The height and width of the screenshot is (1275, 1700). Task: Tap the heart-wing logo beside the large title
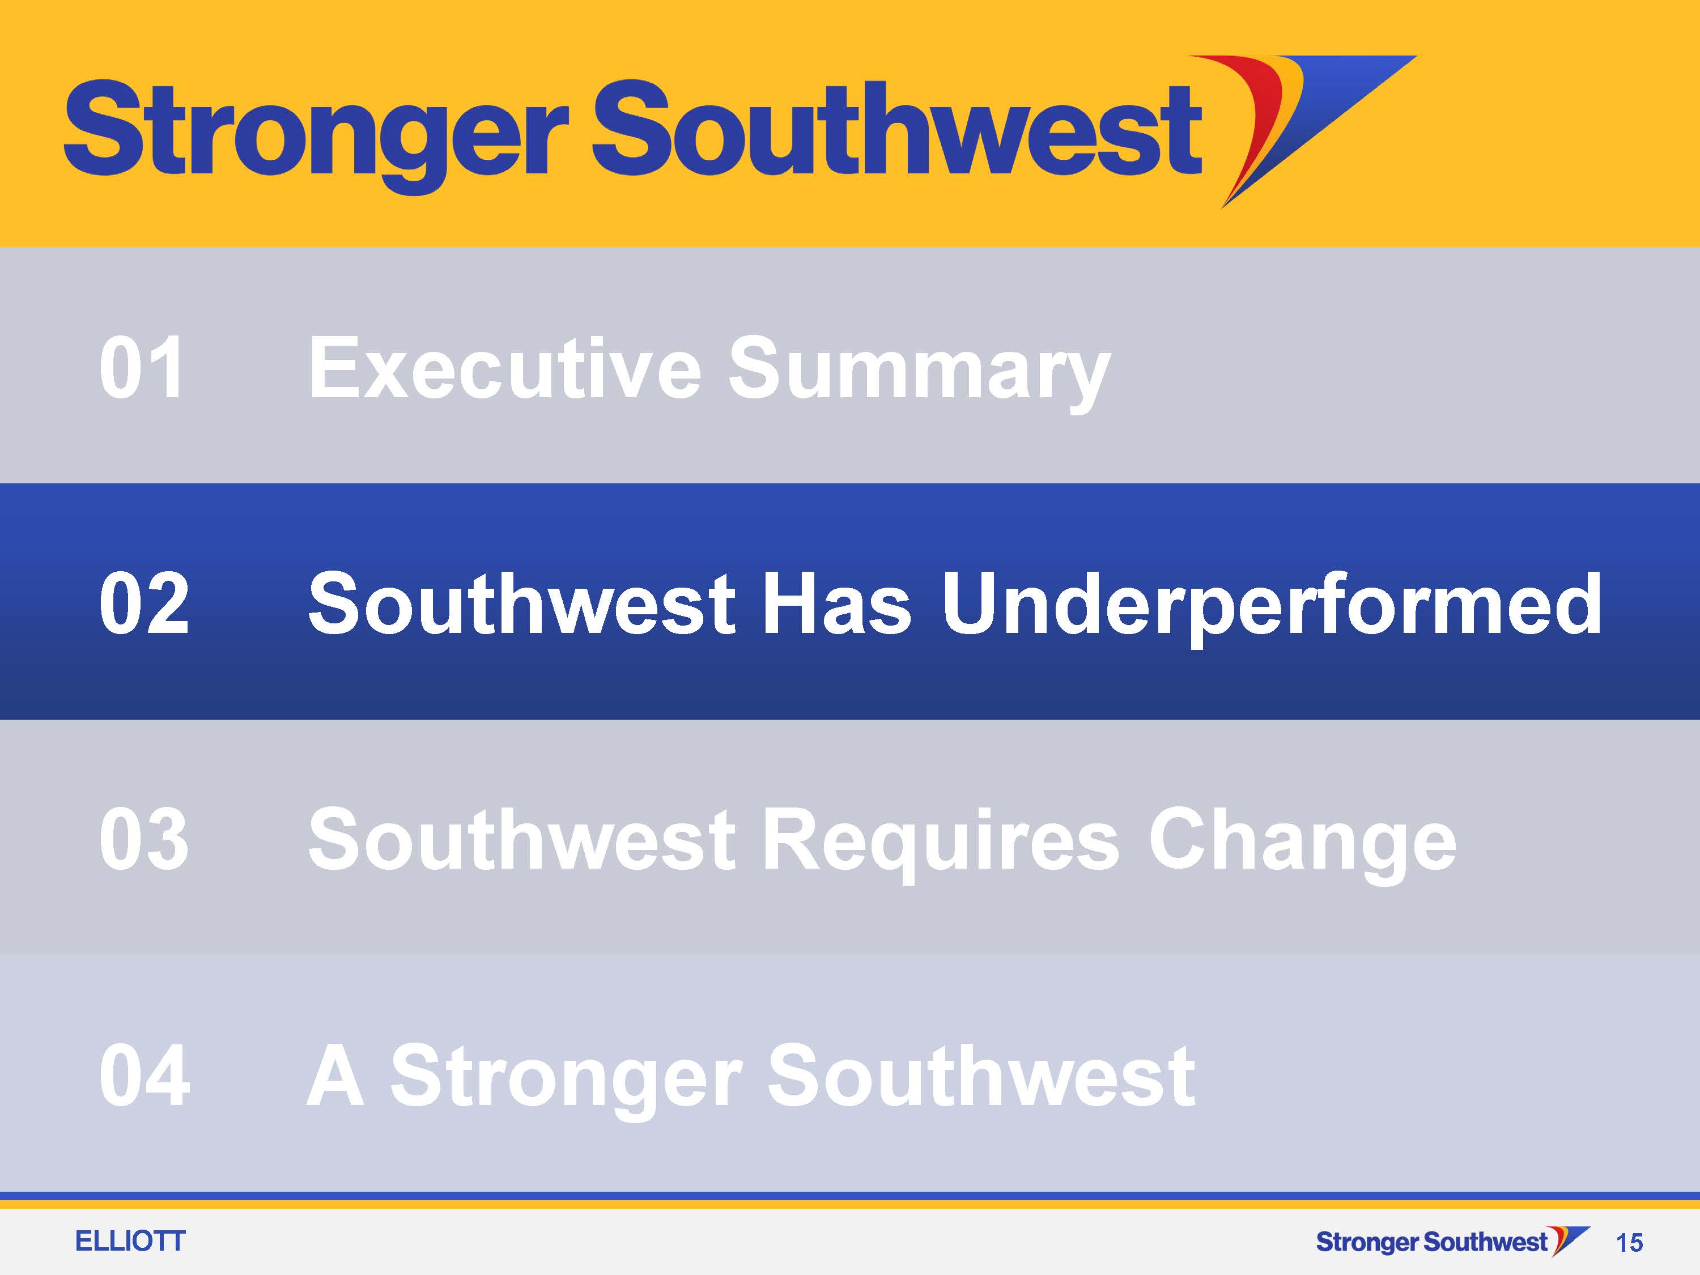click(1318, 131)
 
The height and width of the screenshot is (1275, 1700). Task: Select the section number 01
click(142, 368)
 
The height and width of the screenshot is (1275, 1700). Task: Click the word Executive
click(505, 368)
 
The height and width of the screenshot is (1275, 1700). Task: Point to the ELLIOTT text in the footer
click(130, 1241)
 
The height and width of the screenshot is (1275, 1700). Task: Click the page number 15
click(1629, 1243)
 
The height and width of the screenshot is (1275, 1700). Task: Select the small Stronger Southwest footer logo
click(1452, 1241)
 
